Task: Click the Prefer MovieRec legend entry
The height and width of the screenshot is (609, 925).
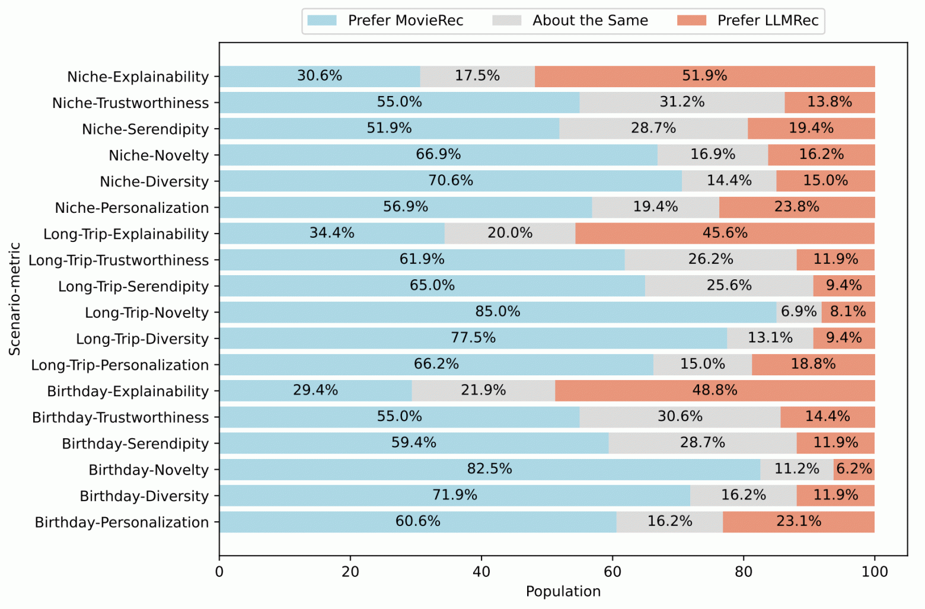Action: [385, 21]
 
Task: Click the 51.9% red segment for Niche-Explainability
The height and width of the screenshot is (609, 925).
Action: [704, 76]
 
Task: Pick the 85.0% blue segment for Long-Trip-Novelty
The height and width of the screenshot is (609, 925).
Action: [497, 312]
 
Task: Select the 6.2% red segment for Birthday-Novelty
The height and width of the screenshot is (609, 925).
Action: [854, 469]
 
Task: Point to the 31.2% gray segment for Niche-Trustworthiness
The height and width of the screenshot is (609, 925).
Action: [682, 103]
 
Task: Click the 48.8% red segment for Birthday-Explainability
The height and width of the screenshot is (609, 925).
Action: [715, 391]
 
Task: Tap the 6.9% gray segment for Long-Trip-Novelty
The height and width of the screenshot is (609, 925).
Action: [799, 312]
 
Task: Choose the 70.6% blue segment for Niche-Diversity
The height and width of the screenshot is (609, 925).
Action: [451, 181]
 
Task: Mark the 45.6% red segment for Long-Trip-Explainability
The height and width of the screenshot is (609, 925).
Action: [725, 233]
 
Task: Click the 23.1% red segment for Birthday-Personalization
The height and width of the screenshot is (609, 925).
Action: [799, 522]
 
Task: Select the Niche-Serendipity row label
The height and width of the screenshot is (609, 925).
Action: [145, 129]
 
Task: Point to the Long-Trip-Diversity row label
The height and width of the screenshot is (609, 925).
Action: [142, 339]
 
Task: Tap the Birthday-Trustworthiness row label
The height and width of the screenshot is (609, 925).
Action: [120, 417]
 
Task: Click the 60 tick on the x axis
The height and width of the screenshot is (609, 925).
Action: [613, 572]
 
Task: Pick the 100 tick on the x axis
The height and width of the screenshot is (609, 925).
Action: [875, 572]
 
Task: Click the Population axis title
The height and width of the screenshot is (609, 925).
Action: [563, 591]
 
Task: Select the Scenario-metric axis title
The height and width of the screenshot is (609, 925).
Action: [15, 299]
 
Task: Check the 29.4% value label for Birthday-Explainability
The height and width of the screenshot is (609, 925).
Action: [315, 390]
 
